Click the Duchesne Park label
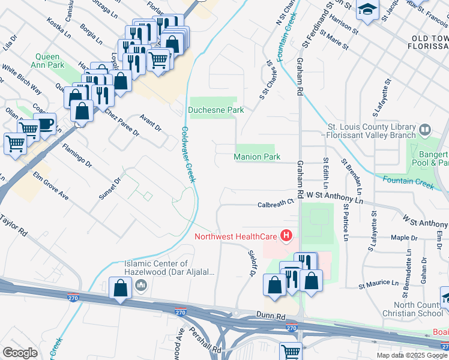click(x=215, y=110)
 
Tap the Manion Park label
click(x=257, y=157)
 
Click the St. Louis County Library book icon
click(x=425, y=129)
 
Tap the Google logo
click(x=20, y=353)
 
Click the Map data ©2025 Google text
click(x=411, y=355)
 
